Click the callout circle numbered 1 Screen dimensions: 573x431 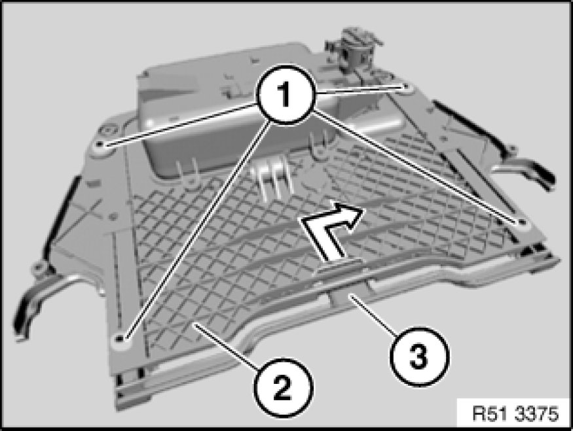coord(286,95)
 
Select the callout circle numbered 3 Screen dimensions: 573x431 coord(419,356)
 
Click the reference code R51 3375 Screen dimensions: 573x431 coord(515,414)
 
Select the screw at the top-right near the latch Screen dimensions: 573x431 coord(405,87)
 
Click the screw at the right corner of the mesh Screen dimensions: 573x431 coord(521,222)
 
